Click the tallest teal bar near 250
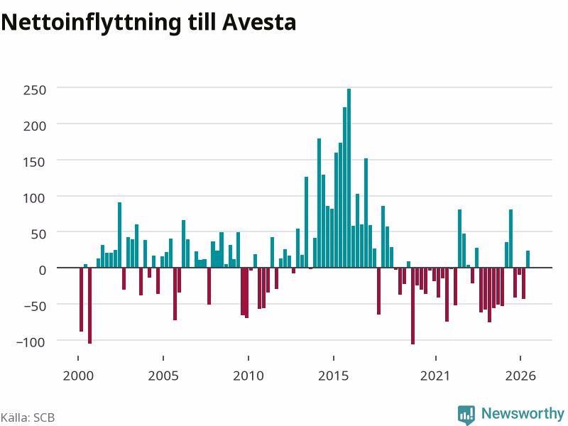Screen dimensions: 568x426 tap(349, 178)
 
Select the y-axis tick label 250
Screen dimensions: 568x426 tap(35, 90)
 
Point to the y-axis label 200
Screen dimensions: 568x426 tap(35, 126)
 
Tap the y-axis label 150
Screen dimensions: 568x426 tap(35, 162)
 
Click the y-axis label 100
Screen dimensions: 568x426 tap(35, 198)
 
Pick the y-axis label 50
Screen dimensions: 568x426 tap(39, 234)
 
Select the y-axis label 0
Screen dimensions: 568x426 tap(43, 270)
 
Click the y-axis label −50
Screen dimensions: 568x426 tap(35, 306)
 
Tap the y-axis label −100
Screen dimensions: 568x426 tap(31, 342)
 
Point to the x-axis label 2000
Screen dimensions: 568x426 tap(78, 376)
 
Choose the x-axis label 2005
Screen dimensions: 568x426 tap(163, 376)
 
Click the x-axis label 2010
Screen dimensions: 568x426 tap(248, 376)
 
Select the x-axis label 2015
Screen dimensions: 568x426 tap(334, 376)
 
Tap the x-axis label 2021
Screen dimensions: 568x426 tap(435, 376)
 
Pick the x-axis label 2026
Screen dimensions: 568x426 tap(520, 376)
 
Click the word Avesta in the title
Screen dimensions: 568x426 tap(259, 23)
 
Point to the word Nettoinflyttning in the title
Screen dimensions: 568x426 tap(92, 23)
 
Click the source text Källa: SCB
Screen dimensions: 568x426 tap(28, 417)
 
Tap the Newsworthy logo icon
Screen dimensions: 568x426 tap(466, 415)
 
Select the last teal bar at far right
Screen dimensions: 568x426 tap(528, 259)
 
